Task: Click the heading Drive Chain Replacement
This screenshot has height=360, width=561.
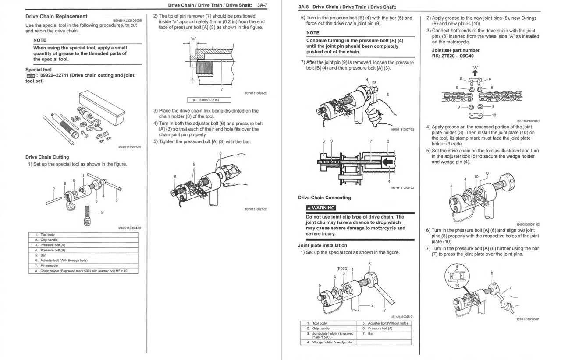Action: pos(56,17)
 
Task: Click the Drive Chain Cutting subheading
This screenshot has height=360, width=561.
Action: pos(47,157)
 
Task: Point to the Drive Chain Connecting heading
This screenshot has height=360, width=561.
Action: pos(324,198)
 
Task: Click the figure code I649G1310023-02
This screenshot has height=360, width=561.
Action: pos(129,147)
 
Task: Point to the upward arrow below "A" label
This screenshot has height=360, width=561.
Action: pos(475,73)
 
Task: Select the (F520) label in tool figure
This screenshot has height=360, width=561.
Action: pos(342,268)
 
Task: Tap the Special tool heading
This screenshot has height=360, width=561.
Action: pos(39,70)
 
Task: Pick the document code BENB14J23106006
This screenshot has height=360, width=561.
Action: pos(127,21)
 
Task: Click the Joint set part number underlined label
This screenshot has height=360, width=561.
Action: pos(455,50)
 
